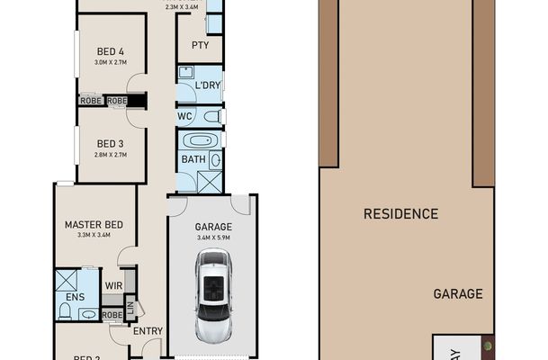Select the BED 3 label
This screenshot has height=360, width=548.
click(x=109, y=143)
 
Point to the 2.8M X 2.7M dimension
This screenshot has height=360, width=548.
click(x=109, y=155)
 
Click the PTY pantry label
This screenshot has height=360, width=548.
click(x=200, y=45)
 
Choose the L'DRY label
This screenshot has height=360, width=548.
click(x=208, y=85)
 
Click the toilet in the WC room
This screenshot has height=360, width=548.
click(x=211, y=116)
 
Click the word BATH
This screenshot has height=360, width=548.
click(x=193, y=160)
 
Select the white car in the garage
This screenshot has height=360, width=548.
click(x=213, y=296)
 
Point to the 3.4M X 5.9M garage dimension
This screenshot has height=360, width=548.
click(x=213, y=238)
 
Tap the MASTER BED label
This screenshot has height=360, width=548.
click(x=94, y=224)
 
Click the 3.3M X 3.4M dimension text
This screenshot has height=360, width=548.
click(x=94, y=235)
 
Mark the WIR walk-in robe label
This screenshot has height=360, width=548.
click(x=113, y=285)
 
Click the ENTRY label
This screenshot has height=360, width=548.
click(x=148, y=331)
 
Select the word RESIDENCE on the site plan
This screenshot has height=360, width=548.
click(x=400, y=214)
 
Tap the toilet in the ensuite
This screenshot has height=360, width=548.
click(x=65, y=310)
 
